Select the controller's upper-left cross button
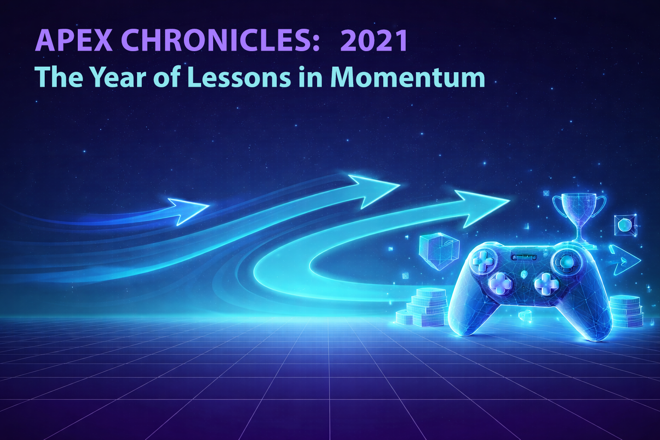coord(483,260)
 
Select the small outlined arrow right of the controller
coord(623,260)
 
